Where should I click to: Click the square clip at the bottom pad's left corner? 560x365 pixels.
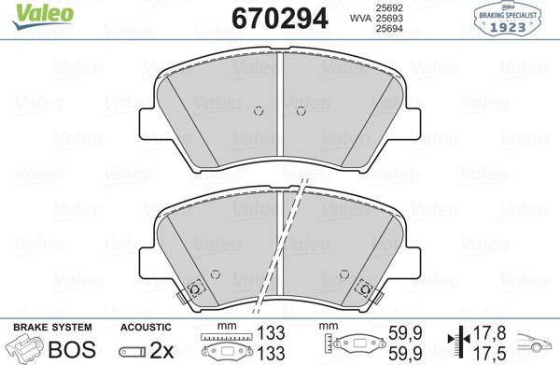[193, 288]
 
